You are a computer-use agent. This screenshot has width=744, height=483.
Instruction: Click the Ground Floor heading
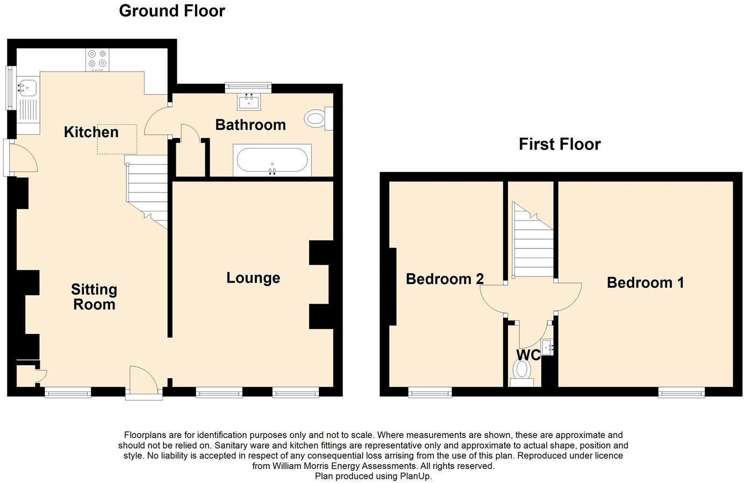[171, 11]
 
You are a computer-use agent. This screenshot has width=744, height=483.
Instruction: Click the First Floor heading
[559, 144]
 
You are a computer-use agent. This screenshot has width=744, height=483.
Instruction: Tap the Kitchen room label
[91, 132]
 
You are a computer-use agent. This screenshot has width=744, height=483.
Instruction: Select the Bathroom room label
[250, 125]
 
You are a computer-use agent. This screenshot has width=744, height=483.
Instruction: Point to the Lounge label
[253, 278]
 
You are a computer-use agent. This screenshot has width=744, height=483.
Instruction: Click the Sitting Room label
[94, 297]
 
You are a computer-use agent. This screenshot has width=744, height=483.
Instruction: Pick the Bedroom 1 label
[645, 282]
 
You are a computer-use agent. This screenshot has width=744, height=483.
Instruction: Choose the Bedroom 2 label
[445, 279]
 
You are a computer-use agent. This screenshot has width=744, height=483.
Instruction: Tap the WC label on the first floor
[528, 355]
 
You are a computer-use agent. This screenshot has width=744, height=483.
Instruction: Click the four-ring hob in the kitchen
[97, 59]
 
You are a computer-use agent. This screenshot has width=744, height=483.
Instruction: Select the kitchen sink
[27, 87]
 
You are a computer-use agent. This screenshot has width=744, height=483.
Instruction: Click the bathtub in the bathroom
[272, 160]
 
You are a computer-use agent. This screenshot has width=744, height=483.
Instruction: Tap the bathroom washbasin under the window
[248, 101]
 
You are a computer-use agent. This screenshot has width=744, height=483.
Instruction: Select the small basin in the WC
[547, 348]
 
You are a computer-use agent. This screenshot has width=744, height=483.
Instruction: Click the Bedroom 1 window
[681, 392]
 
